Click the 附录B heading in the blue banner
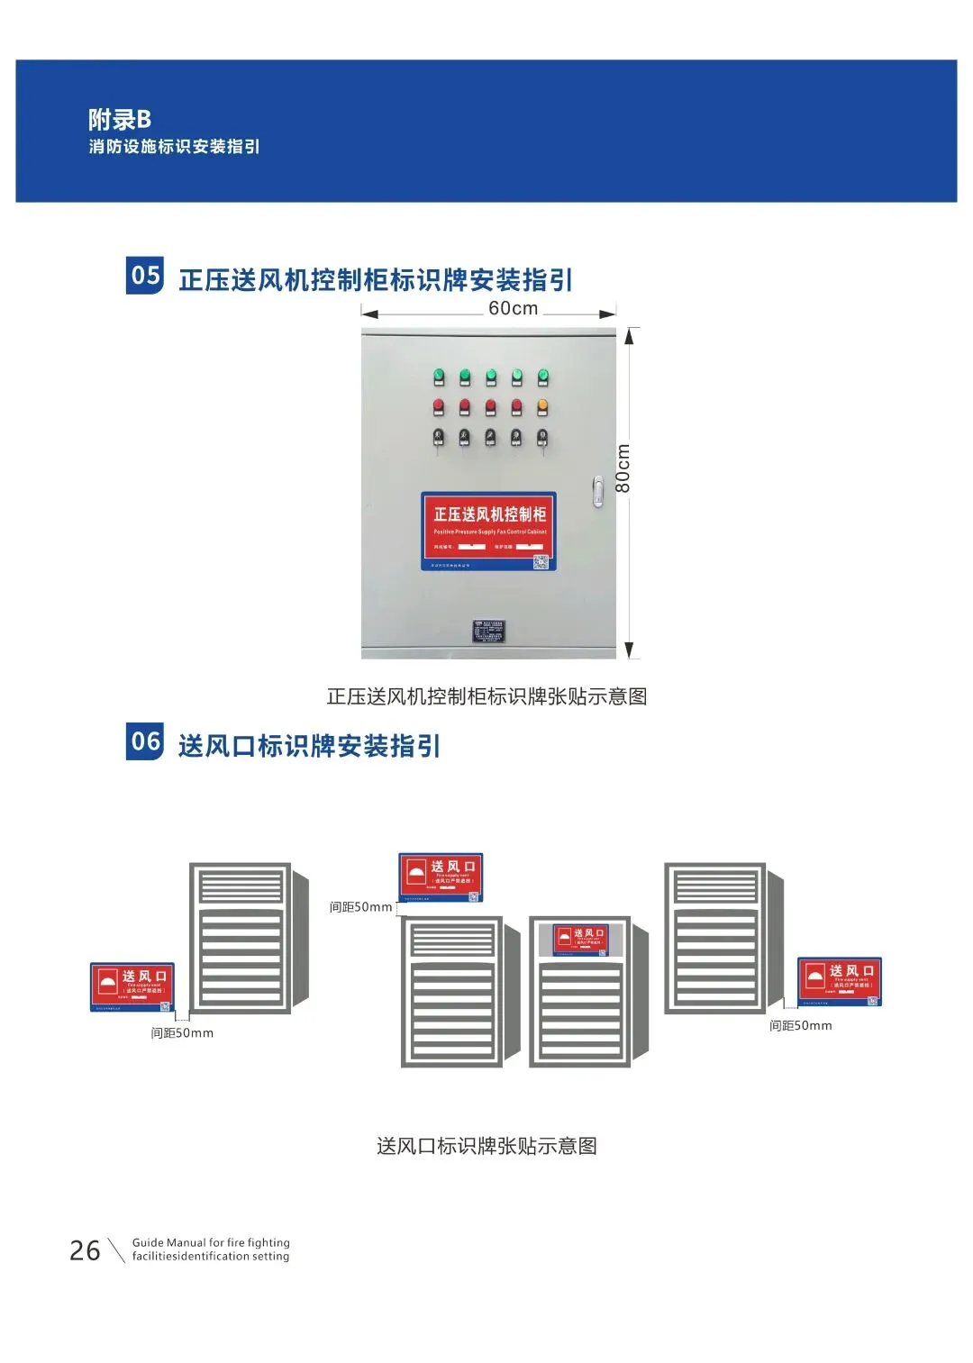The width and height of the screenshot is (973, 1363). (120, 119)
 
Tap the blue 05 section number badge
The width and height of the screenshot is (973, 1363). (145, 276)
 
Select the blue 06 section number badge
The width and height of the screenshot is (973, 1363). (145, 741)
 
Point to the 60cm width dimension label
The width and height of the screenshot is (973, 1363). (513, 308)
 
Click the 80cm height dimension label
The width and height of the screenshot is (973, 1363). (623, 468)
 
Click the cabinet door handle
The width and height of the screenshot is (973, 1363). (597, 491)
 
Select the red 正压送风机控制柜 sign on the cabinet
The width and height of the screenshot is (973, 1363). (488, 531)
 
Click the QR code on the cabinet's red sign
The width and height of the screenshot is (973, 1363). (541, 562)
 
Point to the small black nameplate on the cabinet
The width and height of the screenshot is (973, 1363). (488, 631)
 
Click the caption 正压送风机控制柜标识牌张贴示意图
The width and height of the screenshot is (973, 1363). (486, 696)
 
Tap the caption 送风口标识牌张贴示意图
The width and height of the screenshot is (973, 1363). (486, 1146)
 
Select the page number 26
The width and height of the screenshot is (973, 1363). (85, 1250)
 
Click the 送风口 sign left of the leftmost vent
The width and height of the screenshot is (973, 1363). (132, 986)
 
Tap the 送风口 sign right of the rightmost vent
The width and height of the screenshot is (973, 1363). (839, 981)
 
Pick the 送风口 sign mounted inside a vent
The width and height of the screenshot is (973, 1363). (580, 940)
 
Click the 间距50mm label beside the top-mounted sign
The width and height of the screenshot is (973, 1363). (360, 907)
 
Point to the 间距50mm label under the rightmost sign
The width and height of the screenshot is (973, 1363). (800, 1025)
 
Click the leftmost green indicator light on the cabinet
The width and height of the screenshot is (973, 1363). (439, 376)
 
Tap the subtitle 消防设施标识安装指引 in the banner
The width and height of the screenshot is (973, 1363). (174, 147)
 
